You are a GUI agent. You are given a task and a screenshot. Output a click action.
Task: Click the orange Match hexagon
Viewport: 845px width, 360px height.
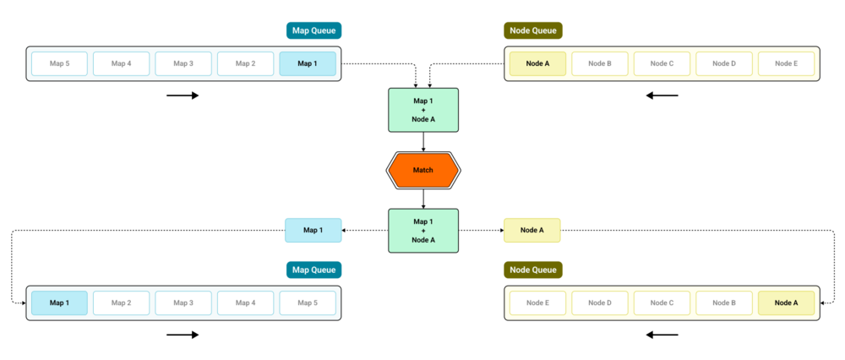click(423, 171)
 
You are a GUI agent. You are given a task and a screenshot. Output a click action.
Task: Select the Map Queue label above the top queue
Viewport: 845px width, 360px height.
click(313, 30)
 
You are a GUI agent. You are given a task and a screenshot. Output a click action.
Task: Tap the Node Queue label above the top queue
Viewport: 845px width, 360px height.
click(533, 30)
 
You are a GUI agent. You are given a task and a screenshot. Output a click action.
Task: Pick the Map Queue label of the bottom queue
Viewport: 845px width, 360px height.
click(313, 270)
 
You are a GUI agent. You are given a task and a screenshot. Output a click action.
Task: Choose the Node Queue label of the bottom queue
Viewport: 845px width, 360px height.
click(533, 270)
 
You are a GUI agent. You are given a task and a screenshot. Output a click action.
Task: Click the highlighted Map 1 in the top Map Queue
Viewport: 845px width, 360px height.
click(308, 63)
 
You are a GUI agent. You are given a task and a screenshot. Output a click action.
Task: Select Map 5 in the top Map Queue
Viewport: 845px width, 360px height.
click(59, 63)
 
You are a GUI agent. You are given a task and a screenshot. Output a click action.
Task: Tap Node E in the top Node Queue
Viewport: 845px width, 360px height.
click(786, 63)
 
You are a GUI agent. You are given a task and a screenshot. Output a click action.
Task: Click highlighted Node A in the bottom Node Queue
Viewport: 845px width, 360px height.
click(786, 303)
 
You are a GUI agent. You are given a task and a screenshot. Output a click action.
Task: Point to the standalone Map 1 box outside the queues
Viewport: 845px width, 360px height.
click(313, 230)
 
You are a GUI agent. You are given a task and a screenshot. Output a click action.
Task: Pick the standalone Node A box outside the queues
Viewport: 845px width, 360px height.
click(532, 230)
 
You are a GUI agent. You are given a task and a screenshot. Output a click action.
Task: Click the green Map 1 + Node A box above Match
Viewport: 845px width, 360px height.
click(423, 110)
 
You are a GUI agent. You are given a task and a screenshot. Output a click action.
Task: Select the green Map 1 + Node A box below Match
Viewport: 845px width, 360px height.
click(423, 231)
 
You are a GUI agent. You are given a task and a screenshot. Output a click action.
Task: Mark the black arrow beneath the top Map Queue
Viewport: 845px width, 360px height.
click(183, 96)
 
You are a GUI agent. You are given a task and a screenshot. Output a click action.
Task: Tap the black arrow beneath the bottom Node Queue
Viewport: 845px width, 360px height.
click(662, 335)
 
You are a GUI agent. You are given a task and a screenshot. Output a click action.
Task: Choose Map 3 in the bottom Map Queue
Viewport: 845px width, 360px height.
click(183, 303)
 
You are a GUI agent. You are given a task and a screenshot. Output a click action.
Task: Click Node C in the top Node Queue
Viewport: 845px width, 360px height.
click(662, 63)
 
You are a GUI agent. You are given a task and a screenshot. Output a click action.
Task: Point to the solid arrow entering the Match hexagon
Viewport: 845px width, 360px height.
click(423, 142)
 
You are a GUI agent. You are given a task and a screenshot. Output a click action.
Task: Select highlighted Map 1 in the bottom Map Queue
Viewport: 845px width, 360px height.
click(59, 303)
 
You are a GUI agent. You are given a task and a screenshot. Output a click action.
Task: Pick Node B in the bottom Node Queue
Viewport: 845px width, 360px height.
click(724, 303)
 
